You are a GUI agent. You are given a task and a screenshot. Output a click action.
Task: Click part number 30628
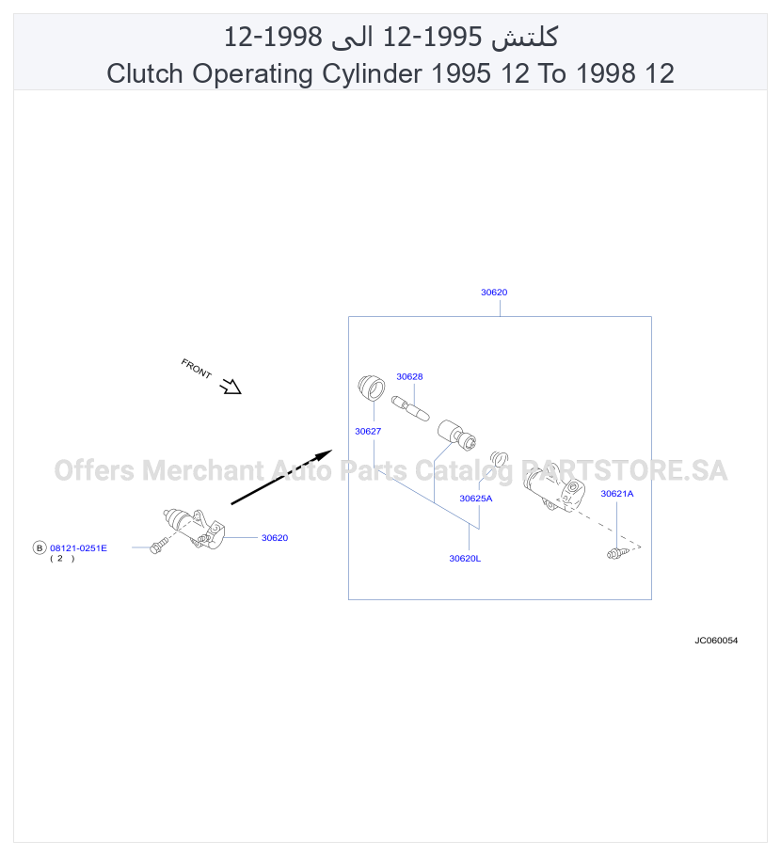coord(409,376)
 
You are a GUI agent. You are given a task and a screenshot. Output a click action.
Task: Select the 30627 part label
coord(368,431)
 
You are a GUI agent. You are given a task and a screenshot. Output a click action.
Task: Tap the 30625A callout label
coord(476,499)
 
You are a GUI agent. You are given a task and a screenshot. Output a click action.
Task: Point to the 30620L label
coord(465,559)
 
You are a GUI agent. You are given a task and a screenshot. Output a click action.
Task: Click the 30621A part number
coord(616,494)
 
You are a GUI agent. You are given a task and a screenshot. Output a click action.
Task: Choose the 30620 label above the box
coord(494,292)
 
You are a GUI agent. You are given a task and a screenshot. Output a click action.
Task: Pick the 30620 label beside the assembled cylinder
coord(274,538)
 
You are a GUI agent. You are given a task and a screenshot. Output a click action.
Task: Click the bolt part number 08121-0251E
coord(78,548)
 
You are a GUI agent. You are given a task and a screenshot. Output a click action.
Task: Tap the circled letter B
coord(40,547)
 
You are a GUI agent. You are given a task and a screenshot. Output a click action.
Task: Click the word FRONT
coord(196,369)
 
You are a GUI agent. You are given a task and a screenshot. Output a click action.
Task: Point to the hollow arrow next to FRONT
coord(231,387)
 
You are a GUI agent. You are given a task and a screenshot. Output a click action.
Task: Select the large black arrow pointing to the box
coord(281,477)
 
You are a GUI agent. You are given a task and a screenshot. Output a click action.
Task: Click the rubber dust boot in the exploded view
coord(372,388)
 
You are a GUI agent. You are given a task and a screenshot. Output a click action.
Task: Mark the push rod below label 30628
coord(410,409)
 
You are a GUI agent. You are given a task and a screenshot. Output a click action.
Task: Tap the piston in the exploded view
coord(456,436)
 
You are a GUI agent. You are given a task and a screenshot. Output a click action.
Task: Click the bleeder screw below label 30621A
coord(617,553)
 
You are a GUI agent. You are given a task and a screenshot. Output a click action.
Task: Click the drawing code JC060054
coord(716,641)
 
